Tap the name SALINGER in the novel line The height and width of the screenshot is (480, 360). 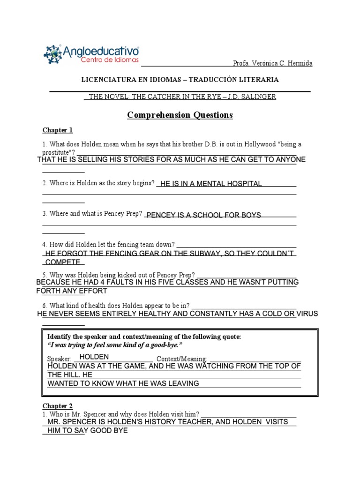[x=260, y=97]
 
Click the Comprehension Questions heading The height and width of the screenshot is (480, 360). [x=180, y=115]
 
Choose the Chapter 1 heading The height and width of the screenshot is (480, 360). [x=58, y=130]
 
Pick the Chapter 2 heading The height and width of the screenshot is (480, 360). [x=58, y=406]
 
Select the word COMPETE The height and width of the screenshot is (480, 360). [x=63, y=262]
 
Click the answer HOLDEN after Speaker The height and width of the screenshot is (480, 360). [x=94, y=357]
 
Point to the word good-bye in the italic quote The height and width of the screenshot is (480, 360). [x=167, y=345]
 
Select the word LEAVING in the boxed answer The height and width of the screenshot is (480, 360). [x=180, y=383]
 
